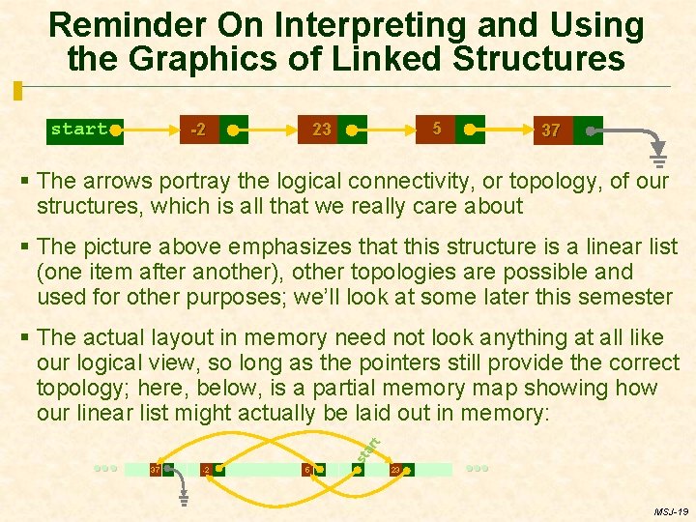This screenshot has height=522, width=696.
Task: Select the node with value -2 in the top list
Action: [213, 130]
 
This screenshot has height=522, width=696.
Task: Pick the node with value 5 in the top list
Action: [450, 128]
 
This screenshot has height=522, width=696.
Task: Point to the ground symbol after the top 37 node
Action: [658, 160]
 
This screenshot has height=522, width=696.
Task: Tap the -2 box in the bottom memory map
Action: [212, 470]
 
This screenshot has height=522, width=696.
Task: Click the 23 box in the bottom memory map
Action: [400, 470]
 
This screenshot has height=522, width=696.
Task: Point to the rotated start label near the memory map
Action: [368, 448]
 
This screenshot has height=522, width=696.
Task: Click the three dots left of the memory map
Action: [105, 468]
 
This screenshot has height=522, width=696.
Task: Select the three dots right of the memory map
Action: [477, 468]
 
